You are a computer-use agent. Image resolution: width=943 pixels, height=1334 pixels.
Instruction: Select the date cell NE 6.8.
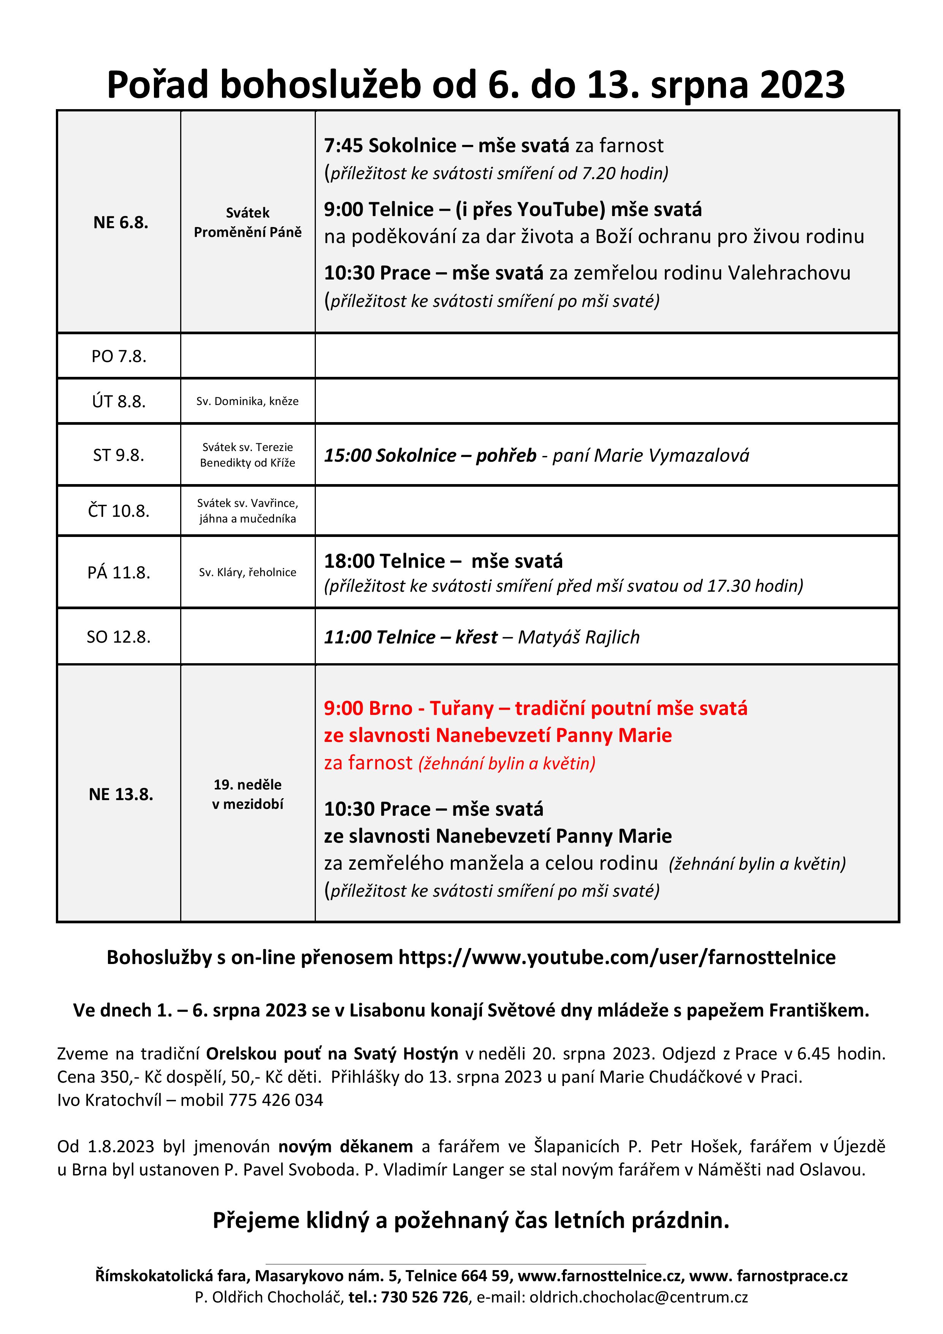tap(121, 222)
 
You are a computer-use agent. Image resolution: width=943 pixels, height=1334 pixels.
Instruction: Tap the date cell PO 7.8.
tap(119, 356)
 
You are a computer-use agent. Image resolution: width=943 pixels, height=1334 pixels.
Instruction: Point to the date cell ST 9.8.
tap(119, 455)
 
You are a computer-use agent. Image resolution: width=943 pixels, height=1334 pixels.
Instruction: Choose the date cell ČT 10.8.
tap(119, 511)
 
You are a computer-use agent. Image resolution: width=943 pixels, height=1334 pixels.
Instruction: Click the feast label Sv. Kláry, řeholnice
tap(247, 572)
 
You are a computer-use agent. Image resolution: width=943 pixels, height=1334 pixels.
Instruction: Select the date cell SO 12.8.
tap(119, 637)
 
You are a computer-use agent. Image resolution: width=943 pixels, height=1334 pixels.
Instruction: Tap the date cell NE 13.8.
tap(121, 794)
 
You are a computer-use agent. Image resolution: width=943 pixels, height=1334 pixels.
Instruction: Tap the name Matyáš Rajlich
tap(578, 637)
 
